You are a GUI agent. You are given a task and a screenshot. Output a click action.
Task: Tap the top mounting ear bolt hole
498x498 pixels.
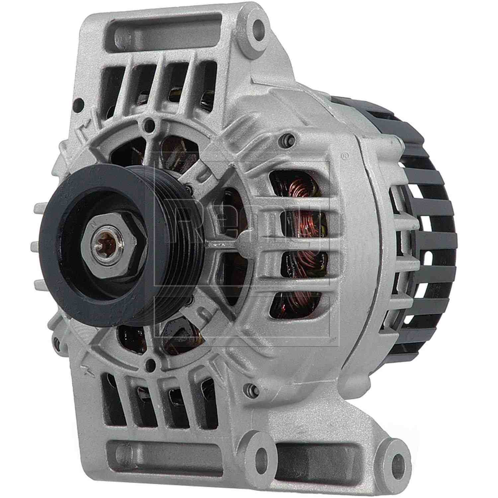click(257, 27)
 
